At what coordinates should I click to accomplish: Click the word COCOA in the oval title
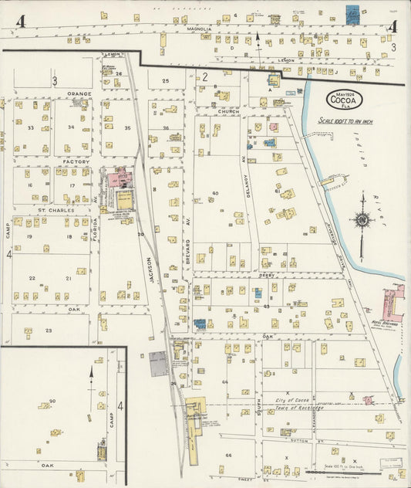342,100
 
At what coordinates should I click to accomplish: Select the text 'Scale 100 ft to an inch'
345,121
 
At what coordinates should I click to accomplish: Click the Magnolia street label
200,29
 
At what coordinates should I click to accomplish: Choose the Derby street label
267,274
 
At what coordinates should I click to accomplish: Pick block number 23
49,330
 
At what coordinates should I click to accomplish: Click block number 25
165,80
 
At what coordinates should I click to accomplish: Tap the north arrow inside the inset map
91,379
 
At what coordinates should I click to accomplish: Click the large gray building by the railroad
158,363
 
